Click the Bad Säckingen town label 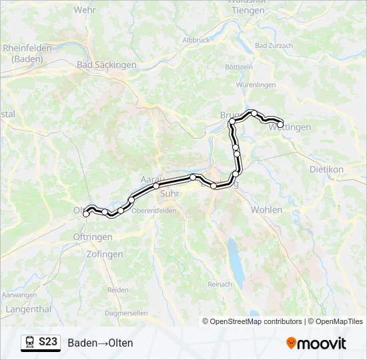pyautogui.click(x=107, y=65)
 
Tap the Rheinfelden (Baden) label pyautogui.click(x=23, y=53)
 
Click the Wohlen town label pyautogui.click(x=266, y=210)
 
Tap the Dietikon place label pyautogui.click(x=326, y=169)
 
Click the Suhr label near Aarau pyautogui.click(x=170, y=194)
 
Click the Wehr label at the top pyautogui.click(x=85, y=10)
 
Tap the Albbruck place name pyautogui.click(x=196, y=40)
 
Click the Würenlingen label pyautogui.click(x=256, y=85)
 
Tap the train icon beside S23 pyautogui.click(x=30, y=342)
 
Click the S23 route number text pyautogui.click(x=47, y=342)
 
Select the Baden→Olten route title pyautogui.click(x=100, y=343)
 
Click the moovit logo pyautogui.click(x=316, y=343)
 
